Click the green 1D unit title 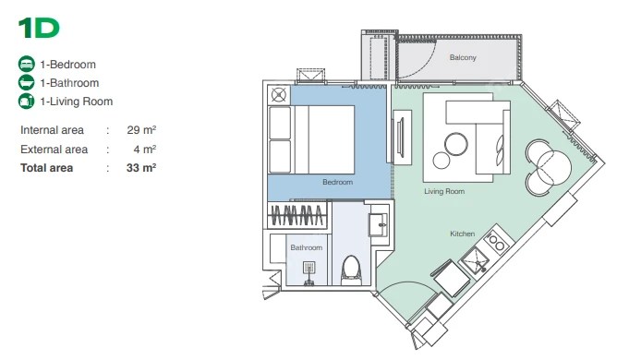tap(39, 29)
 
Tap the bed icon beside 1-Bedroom tap(27, 64)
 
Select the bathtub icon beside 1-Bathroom tap(27, 83)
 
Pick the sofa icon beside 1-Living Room tap(27, 102)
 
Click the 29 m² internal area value tap(141, 130)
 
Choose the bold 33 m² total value tap(141, 168)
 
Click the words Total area tap(47, 168)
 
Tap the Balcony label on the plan tap(463, 57)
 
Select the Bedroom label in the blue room tap(338, 182)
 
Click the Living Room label tap(444, 192)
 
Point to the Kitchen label tap(463, 234)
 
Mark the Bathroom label tap(306, 247)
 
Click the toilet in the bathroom tap(351, 270)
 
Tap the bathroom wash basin tap(379, 225)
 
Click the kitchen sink tap(476, 261)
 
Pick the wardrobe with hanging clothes tap(297, 215)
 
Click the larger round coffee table tap(456, 144)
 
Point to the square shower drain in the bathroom tap(309, 268)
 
